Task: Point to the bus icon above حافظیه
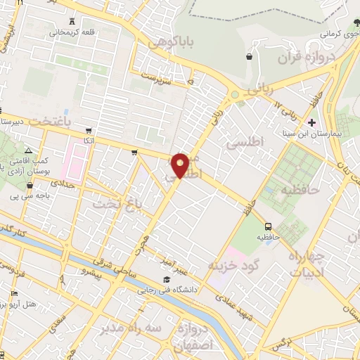[x=268, y=226]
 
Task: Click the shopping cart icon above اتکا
[x=88, y=131]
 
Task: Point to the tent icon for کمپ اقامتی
[x=27, y=151]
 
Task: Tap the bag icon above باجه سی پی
[x=29, y=186]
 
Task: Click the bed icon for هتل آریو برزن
[x=13, y=293]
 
